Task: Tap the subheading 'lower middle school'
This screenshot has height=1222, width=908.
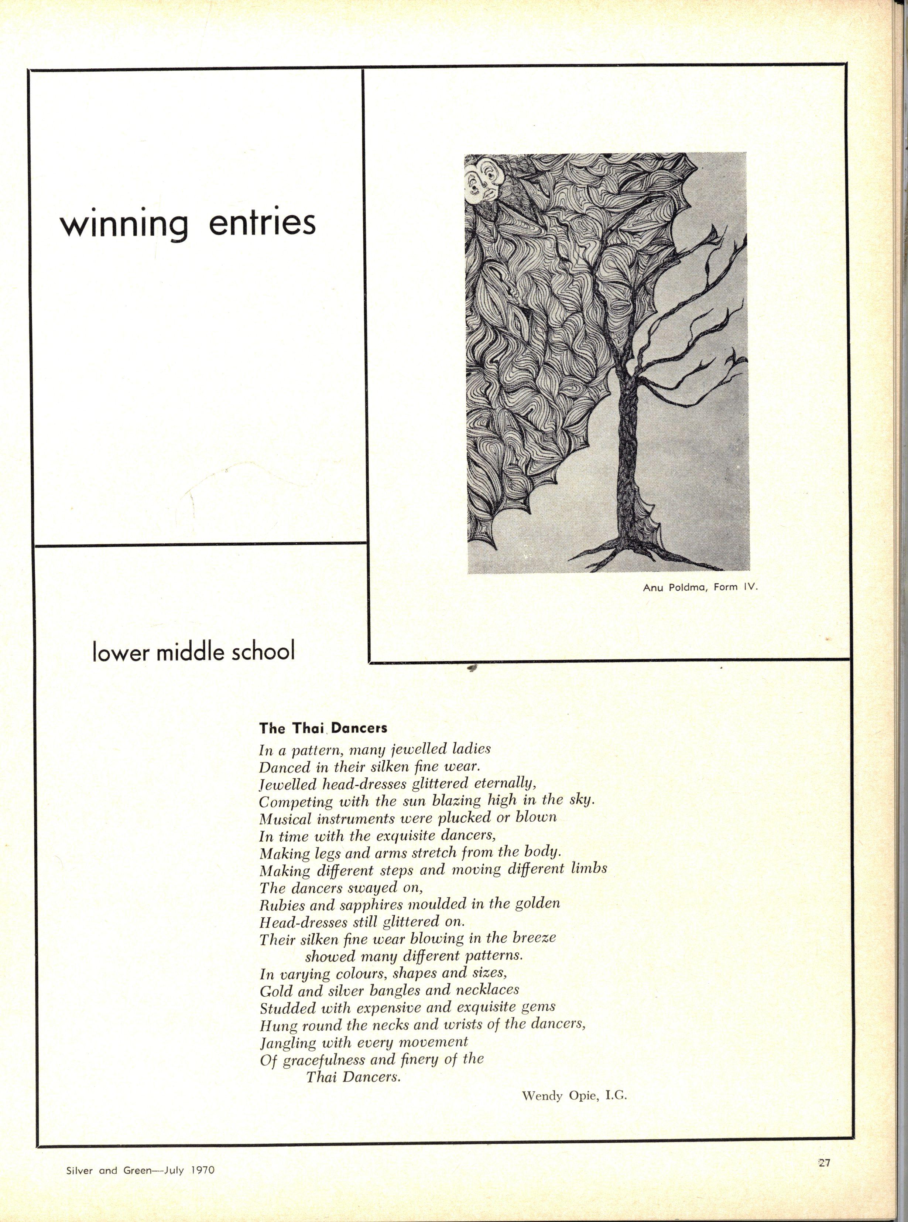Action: click(x=193, y=652)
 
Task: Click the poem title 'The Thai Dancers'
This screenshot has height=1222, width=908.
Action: click(x=323, y=728)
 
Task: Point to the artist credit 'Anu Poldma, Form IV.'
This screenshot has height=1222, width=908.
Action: click(x=700, y=587)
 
